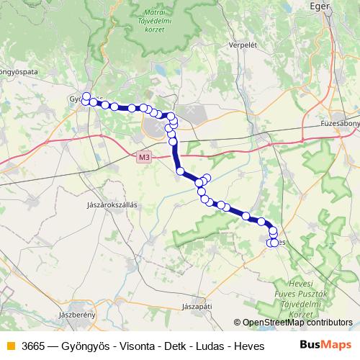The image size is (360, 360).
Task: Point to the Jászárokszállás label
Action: [x=112, y=204]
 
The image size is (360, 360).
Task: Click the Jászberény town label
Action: [x=76, y=315]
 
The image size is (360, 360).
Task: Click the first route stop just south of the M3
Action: [x=180, y=171]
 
